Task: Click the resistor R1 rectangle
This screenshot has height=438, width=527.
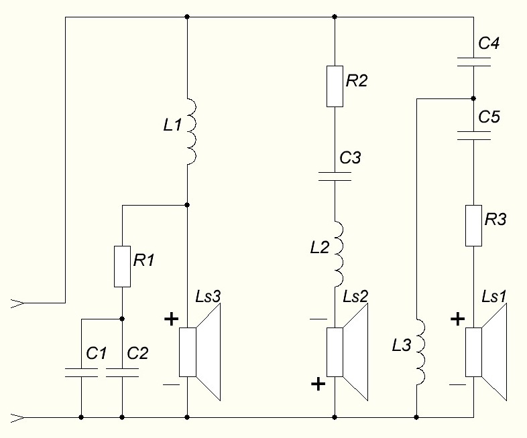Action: [122, 267]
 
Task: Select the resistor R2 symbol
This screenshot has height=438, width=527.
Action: [335, 86]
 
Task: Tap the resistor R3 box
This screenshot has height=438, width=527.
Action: [473, 226]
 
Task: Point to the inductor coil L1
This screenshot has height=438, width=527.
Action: [192, 131]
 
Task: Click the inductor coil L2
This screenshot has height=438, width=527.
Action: [339, 254]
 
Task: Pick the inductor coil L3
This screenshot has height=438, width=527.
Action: [420, 352]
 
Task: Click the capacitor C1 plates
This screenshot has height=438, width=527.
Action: [81, 372]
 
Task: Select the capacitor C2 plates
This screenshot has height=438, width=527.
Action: [122, 372]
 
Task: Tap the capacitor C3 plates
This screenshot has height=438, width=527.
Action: [335, 177]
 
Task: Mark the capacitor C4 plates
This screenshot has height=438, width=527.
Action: [473, 62]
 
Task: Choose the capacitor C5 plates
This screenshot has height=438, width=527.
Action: [473, 135]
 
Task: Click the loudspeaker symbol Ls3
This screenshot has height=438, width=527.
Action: [200, 352]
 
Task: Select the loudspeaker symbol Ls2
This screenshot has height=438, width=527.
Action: [347, 352]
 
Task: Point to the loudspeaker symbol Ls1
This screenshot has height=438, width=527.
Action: [486, 352]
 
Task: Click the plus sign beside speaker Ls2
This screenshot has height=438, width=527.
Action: [318, 384]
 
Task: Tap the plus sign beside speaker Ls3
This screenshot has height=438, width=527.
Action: [171, 319]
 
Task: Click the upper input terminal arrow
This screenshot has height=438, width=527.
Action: [17, 303]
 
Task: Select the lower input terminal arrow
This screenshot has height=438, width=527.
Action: [17, 418]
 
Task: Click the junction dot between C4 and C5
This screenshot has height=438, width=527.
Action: [473, 98]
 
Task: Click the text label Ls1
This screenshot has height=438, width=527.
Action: [493, 297]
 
